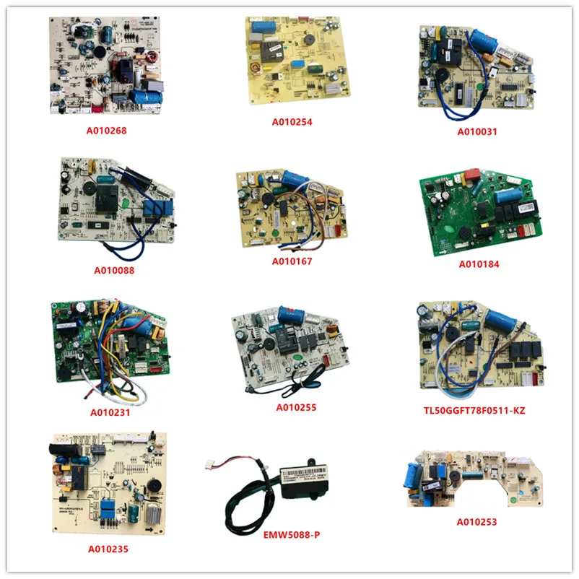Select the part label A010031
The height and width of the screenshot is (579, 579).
[477, 132]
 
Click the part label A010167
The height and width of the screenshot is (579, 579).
[292, 261]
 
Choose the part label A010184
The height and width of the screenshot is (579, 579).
[479, 264]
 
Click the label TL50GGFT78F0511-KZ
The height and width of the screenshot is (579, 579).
[474, 410]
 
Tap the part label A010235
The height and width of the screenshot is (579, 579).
[109, 549]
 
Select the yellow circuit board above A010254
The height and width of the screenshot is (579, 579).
[297, 65]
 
